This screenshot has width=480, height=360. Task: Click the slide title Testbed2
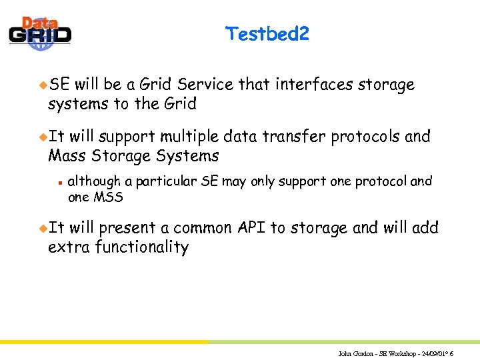click(x=267, y=33)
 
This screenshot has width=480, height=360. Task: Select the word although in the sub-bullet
click(x=95, y=181)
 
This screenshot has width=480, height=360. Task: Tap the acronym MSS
click(x=109, y=197)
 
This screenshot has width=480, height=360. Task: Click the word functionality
click(x=142, y=247)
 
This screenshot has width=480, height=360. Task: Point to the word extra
click(x=69, y=247)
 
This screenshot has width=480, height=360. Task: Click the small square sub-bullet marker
click(x=59, y=181)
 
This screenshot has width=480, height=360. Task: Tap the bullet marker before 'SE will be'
click(x=43, y=85)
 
